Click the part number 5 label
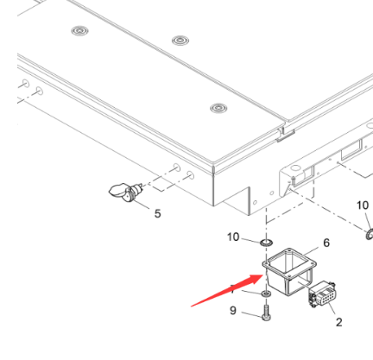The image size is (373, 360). [156, 214]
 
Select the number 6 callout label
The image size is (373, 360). [326, 243]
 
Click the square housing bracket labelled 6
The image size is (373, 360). [285, 268]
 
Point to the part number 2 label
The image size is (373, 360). [338, 322]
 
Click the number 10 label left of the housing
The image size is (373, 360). [234, 236]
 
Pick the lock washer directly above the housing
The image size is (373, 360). [267, 237]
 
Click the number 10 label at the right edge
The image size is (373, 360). [363, 205]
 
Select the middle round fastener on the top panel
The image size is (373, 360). [180, 41]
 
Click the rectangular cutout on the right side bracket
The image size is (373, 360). [352, 156]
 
